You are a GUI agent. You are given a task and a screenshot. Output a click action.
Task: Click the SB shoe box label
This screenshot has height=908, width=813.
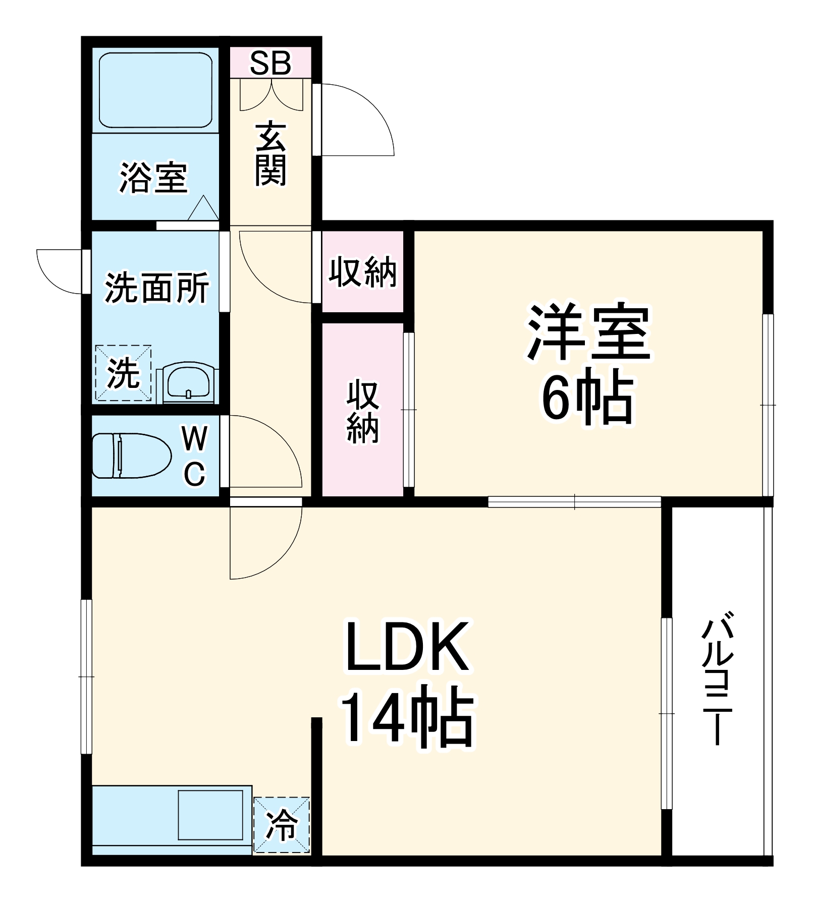[x=270, y=64]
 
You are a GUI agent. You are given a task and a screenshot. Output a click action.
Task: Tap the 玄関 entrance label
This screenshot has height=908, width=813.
[x=270, y=153]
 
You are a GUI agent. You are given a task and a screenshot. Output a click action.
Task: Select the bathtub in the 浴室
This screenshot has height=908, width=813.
[x=155, y=91]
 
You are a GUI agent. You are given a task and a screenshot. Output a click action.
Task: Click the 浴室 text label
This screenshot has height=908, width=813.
[x=154, y=178]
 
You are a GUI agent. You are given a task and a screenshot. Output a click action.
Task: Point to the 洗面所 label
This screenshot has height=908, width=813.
[x=157, y=288]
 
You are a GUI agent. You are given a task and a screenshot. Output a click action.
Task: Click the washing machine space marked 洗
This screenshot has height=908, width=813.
[x=123, y=373]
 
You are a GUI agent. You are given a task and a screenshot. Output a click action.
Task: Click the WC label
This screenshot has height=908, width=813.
[x=195, y=456]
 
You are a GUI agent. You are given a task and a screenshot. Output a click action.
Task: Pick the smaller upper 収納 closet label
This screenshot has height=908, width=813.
[x=363, y=272]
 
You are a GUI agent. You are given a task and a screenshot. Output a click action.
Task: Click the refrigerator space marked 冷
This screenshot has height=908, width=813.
[x=282, y=825]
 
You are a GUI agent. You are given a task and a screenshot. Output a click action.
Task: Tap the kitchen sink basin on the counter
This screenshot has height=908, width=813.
[x=210, y=815]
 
